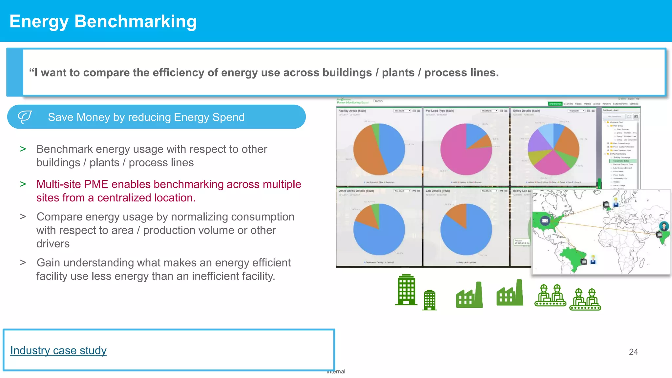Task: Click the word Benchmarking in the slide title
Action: (135, 22)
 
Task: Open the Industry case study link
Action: (58, 350)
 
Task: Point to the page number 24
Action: (633, 352)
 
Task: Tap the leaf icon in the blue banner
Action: (25, 117)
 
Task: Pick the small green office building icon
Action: (430, 300)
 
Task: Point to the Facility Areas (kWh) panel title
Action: (352, 111)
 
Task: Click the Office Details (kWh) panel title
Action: (526, 111)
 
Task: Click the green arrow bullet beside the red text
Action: (23, 184)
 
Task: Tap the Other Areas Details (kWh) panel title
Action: (356, 191)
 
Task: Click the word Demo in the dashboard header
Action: (378, 101)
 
